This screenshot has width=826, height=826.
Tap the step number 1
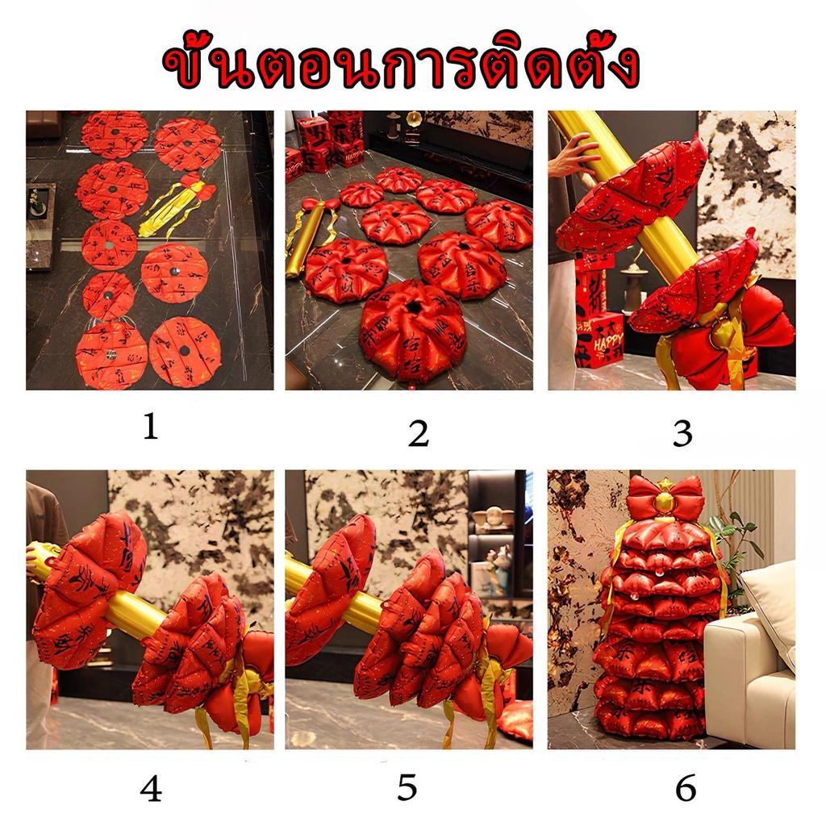pyautogui.click(x=150, y=429)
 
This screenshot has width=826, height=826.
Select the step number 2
pyautogui.click(x=417, y=435)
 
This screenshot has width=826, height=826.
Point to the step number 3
pyautogui.click(x=682, y=434)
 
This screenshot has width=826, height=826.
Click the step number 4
pyautogui.click(x=151, y=790)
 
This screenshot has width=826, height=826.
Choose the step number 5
pyautogui.click(x=407, y=789)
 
